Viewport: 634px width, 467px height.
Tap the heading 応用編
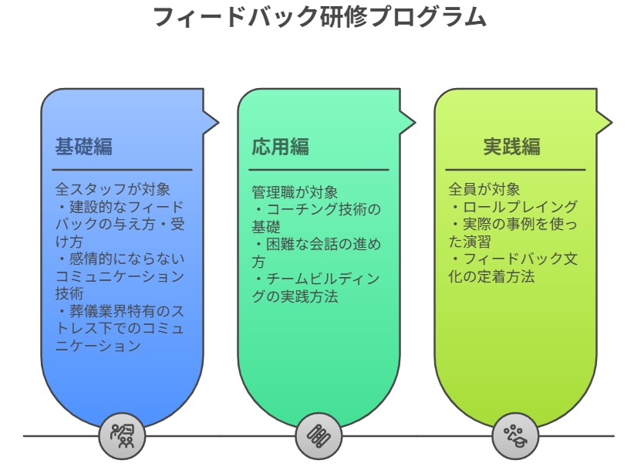[280, 147]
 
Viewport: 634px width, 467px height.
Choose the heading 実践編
[511, 147]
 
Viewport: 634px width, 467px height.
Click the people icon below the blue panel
[122, 436]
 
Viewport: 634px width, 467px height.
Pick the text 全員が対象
[484, 189]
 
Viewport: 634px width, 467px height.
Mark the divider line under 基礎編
[122, 170]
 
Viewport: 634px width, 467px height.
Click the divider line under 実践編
[515, 170]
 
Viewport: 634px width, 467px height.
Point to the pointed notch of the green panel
[413, 122]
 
